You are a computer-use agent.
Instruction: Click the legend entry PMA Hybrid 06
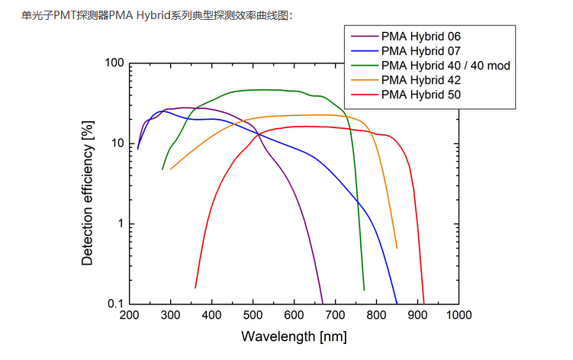point(420,37)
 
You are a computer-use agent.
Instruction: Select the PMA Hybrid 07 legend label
point(420,51)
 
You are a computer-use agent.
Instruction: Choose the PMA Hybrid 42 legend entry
point(420,80)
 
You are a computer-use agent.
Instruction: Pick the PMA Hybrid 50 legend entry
point(420,95)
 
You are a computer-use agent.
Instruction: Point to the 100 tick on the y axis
point(114,63)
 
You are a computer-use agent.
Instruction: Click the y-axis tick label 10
point(117,143)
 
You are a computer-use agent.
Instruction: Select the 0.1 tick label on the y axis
point(115,304)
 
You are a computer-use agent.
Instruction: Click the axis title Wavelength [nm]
point(294,336)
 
